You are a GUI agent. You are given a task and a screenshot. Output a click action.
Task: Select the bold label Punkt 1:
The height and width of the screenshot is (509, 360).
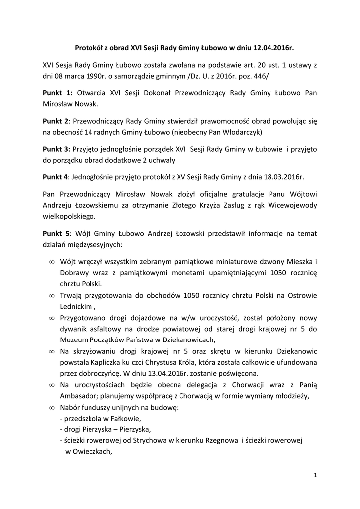58,93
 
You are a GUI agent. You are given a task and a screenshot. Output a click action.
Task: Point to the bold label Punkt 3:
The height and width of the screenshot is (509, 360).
56,149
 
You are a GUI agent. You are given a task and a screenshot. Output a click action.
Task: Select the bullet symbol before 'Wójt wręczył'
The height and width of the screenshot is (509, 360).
52,262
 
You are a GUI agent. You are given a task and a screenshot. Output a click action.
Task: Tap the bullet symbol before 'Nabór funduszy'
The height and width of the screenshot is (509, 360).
52,408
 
